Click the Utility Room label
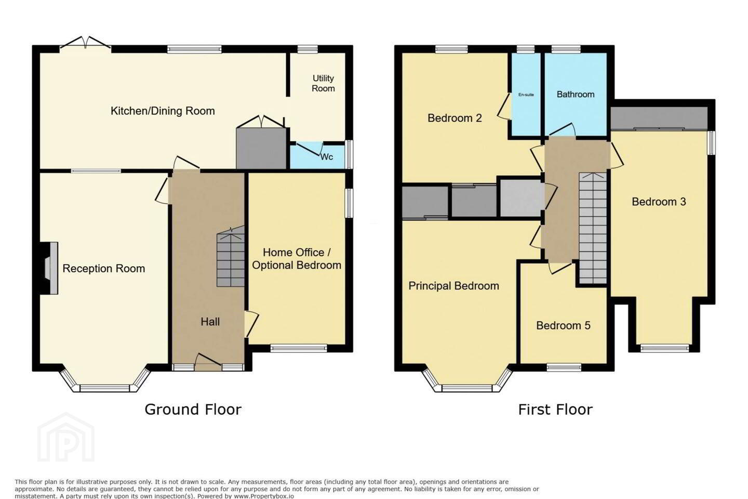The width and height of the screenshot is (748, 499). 323,83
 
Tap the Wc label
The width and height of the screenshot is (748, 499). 327,157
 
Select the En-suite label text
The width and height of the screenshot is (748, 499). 526,95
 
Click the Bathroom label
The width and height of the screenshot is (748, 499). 576,94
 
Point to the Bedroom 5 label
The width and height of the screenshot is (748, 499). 563,325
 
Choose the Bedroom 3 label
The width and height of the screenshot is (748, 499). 659,202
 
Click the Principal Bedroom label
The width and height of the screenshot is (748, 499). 454,286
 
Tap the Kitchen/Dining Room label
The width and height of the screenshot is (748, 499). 163,111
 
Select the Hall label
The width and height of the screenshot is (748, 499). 210,322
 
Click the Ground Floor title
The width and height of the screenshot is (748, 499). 193,410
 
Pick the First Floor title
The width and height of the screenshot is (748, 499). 555,410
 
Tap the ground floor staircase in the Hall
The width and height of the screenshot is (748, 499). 231,256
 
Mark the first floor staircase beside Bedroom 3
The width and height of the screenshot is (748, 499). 593,228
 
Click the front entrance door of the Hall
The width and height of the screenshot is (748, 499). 208,363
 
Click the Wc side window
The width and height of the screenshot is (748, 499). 349,154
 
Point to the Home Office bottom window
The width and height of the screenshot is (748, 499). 299,348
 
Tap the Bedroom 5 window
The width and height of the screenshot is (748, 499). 564,367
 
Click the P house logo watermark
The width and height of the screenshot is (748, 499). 66,438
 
